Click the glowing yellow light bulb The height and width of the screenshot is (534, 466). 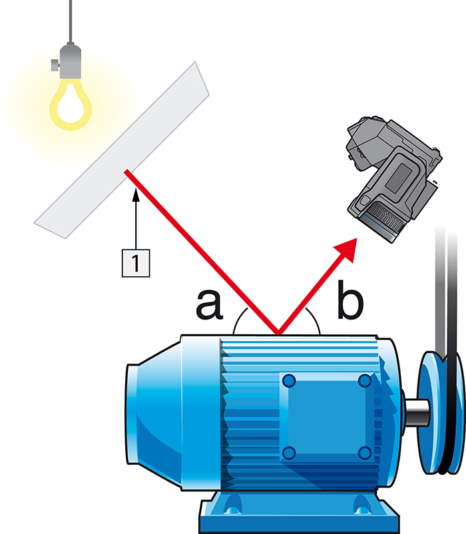[x=71, y=105]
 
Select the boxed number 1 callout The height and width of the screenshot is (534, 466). [x=136, y=263]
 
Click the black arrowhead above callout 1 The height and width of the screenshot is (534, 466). [x=136, y=195]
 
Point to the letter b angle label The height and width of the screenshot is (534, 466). [x=350, y=300]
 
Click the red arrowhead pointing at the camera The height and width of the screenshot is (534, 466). [x=347, y=249]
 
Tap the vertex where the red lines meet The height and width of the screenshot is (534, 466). [x=278, y=334]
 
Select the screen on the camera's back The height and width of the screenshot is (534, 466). [x=398, y=176]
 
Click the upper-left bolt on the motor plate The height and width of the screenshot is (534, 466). [x=289, y=380]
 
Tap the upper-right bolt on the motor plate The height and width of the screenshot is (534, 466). [x=365, y=380]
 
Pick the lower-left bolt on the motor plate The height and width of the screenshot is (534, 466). [x=289, y=453]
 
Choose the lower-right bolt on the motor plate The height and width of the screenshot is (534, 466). [x=365, y=453]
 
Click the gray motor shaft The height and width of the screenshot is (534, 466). [x=415, y=413]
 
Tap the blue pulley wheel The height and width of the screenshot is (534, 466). [x=441, y=413]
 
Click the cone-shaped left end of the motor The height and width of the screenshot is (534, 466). [x=154, y=413]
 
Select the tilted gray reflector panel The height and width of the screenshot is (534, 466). [x=122, y=150]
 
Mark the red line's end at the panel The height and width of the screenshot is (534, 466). [x=126, y=171]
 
